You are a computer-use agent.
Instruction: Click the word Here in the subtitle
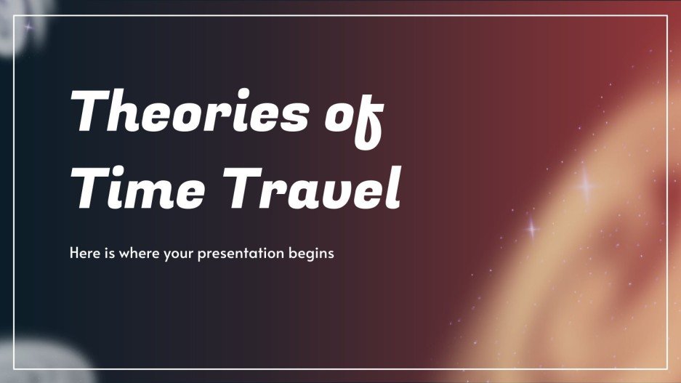point(84,254)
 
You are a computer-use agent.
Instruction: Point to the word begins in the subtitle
point(313,256)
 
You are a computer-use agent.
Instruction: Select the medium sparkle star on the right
point(533,228)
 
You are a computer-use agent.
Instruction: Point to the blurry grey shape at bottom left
point(44,360)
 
